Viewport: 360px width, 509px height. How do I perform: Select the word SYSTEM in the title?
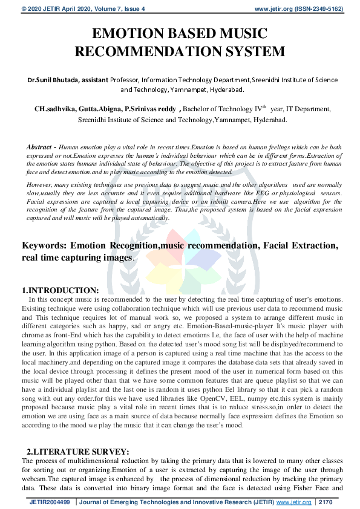(x=249, y=51)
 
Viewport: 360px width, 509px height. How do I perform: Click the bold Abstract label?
(x=40, y=147)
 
